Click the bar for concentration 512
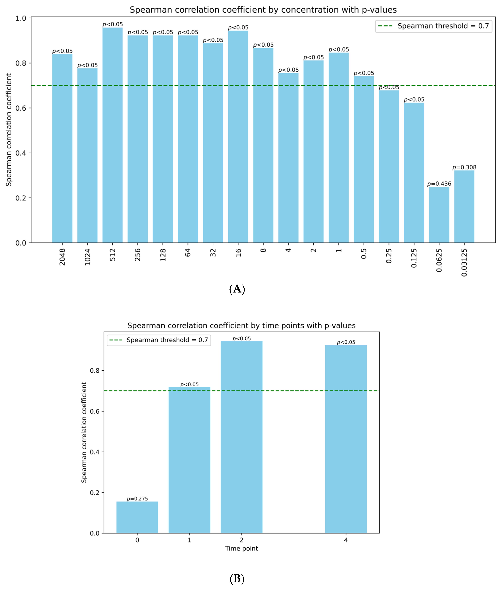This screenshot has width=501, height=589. pos(112,135)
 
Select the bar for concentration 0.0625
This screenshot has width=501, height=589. pos(439,215)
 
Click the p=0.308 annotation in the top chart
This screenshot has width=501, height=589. pos(464,167)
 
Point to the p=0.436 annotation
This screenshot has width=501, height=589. pos(439,184)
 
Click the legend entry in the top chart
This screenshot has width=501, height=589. pos(434,26)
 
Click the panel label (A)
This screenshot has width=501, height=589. pos(237,289)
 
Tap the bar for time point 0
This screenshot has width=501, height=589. pos(137,517)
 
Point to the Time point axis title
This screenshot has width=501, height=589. pos(241,548)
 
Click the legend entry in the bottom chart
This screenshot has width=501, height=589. pos(159,340)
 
